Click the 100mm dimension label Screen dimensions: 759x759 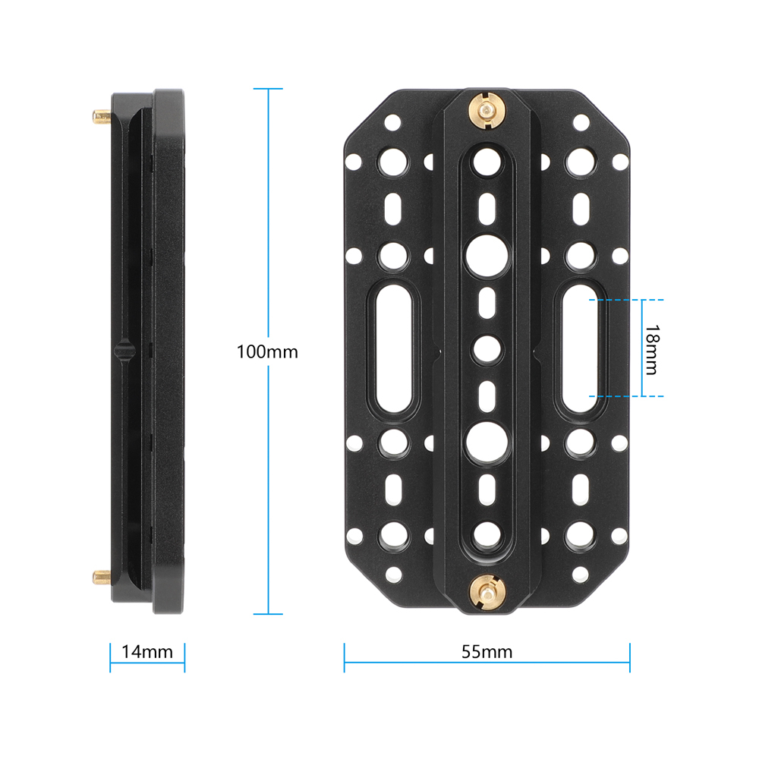(x=267, y=352)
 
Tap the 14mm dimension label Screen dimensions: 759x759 (x=147, y=651)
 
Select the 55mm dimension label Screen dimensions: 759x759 (x=487, y=651)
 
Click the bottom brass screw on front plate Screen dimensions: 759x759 (x=487, y=590)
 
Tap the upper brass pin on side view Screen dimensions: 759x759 (x=102, y=116)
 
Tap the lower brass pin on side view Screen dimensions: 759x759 (x=102, y=578)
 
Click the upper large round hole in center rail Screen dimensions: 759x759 (x=486, y=255)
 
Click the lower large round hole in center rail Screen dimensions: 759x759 (x=486, y=442)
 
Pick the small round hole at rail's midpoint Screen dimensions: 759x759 (x=486, y=349)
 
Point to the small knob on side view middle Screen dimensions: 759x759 (x=124, y=349)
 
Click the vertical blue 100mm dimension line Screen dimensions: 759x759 (x=267, y=228)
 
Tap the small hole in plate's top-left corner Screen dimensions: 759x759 (x=392, y=121)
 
